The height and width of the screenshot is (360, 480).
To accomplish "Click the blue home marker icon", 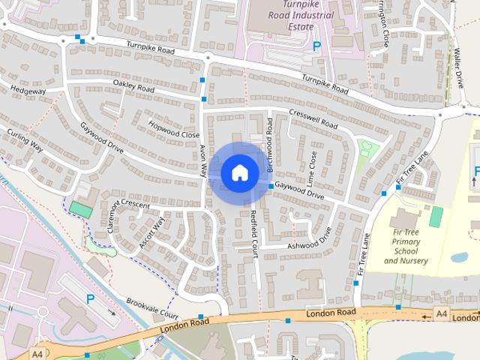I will [x=239, y=172].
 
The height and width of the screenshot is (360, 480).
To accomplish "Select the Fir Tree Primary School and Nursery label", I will [x=410, y=247].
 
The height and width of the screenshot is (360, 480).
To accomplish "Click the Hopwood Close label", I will [x=169, y=130].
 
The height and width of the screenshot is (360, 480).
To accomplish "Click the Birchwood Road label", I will [x=270, y=142].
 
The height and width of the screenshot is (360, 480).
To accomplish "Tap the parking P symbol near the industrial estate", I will [x=317, y=46].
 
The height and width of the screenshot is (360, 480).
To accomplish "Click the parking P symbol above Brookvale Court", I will [x=91, y=298].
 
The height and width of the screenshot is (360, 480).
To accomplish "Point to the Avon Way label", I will [x=202, y=160].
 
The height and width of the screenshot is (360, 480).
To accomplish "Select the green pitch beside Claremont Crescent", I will [x=79, y=210].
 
